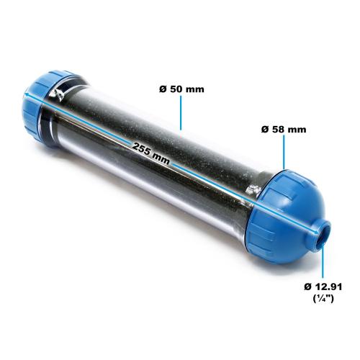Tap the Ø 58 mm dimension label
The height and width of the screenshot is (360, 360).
283,130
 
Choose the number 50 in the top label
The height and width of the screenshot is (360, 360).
176,89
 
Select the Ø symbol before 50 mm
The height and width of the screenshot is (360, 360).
162,89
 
